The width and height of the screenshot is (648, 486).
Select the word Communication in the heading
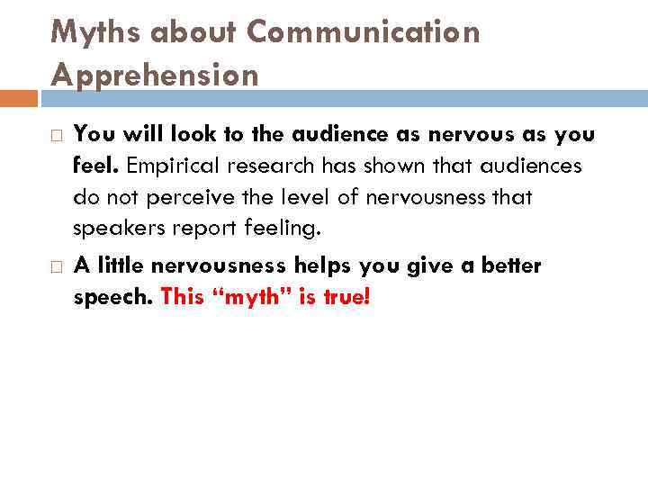point(364,32)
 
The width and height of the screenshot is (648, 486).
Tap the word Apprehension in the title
point(155,76)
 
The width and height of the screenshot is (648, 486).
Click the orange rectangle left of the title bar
point(19,97)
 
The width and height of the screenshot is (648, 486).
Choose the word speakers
point(112,229)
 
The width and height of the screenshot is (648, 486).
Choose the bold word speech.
point(112,298)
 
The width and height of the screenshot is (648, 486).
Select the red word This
point(182,298)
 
